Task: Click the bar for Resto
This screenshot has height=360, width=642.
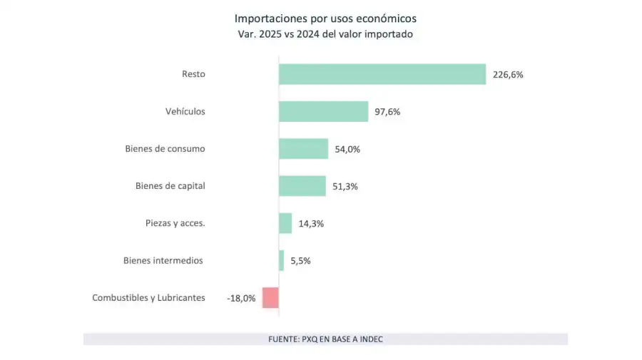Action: tap(382, 74)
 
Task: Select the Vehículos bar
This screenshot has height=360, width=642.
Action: tap(323, 111)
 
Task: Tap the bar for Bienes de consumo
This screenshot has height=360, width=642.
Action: tap(303, 148)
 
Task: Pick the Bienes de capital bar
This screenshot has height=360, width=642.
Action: tap(302, 186)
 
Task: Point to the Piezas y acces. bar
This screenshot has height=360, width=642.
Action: tap(285, 223)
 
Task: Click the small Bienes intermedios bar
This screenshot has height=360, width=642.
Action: tap(281, 260)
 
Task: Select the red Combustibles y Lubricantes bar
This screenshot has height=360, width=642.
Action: tap(270, 297)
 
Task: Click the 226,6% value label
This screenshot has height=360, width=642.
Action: tap(507, 74)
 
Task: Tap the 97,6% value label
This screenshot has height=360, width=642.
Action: tap(387, 111)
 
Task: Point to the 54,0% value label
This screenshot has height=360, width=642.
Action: tap(347, 149)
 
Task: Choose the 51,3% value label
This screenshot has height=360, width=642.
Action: tap(345, 186)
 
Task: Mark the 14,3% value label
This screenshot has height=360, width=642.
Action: tap(311, 223)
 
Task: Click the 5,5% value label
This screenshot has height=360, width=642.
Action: tap(300, 261)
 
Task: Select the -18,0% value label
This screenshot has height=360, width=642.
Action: tap(241, 298)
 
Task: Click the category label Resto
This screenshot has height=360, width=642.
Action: tap(193, 74)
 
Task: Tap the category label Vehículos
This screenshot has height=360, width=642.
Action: tap(185, 111)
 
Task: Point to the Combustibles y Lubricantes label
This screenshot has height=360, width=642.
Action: tap(148, 298)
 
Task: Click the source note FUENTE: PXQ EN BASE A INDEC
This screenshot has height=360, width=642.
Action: tap(325, 339)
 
